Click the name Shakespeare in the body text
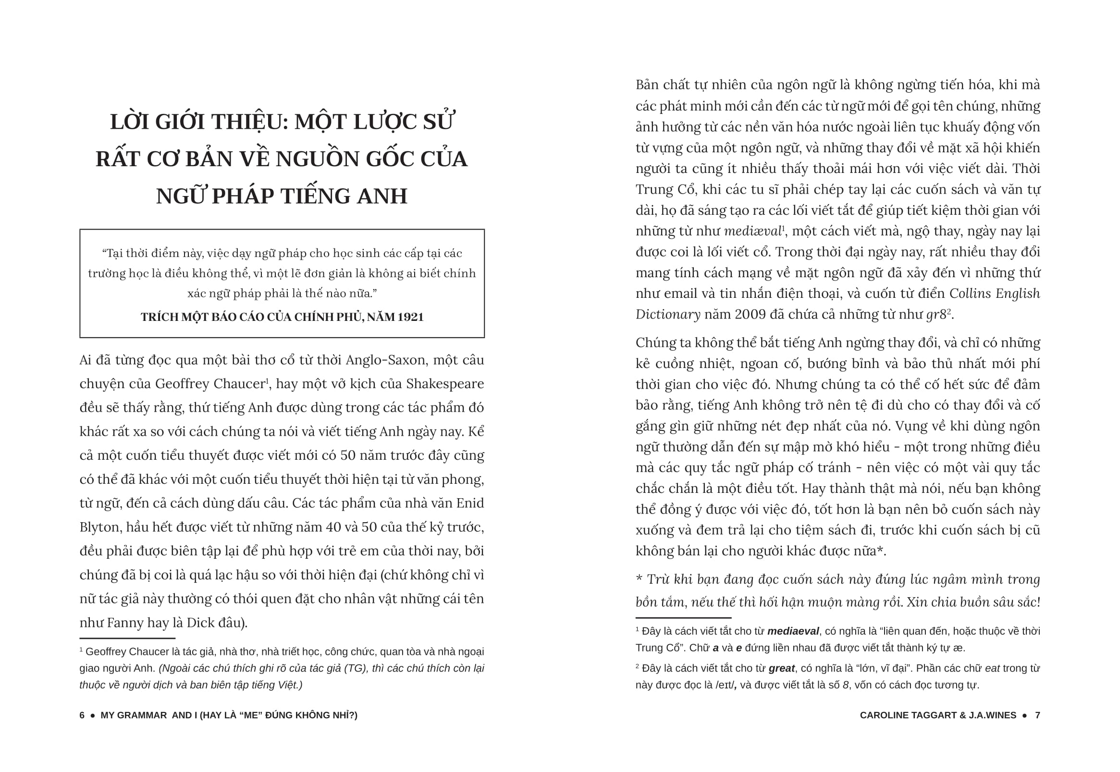click(444, 383)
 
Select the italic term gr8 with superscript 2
click(936, 315)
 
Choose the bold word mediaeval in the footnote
click(793, 631)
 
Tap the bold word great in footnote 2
click(781, 669)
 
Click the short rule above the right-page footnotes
click(683, 618)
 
